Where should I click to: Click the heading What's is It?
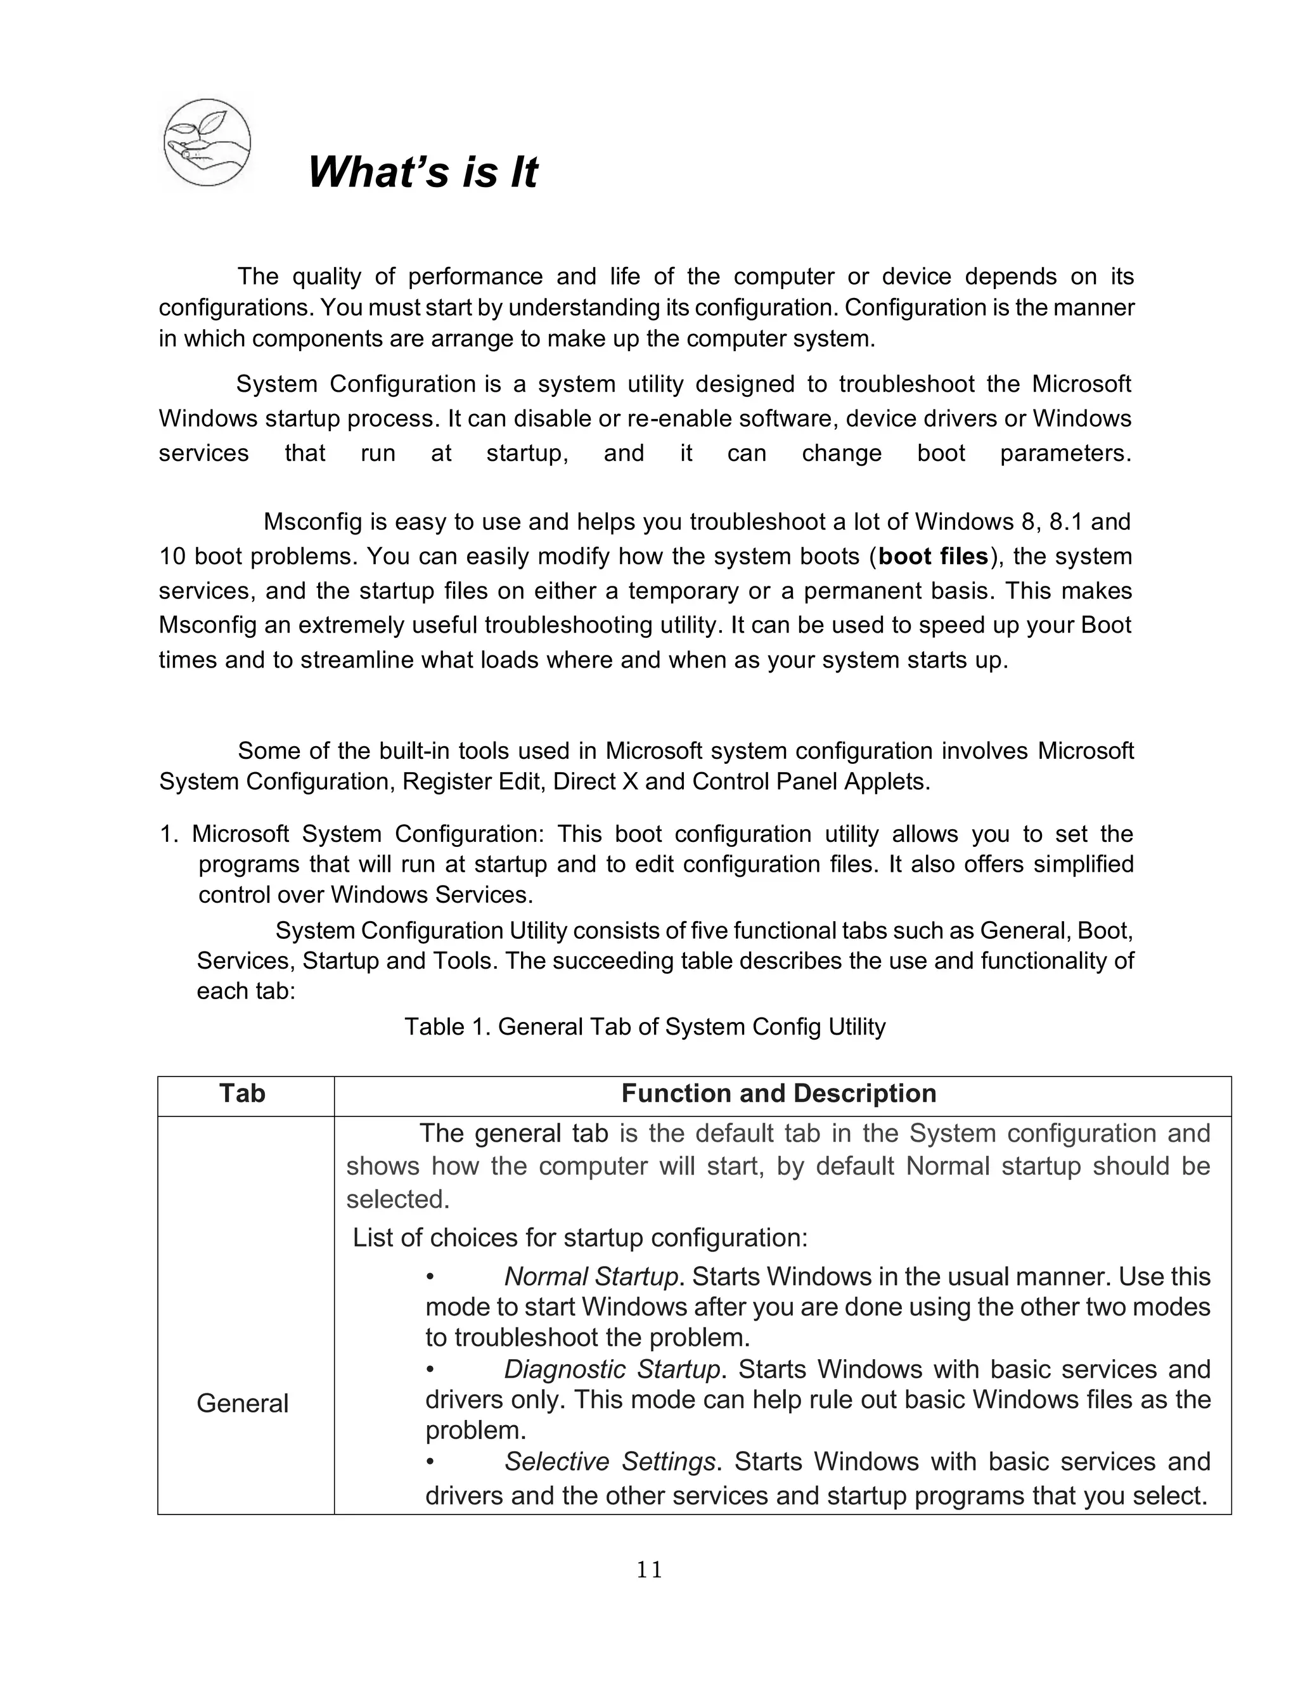422,172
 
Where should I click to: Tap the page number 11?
649,1569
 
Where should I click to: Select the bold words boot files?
934,556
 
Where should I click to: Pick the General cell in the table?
242,1402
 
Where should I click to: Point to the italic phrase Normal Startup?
591,1275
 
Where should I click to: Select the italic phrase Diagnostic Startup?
612,1369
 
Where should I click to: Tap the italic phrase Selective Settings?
610,1462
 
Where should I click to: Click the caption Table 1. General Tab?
645,1027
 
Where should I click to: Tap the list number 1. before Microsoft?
169,834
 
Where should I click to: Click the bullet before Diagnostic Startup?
430,1370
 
